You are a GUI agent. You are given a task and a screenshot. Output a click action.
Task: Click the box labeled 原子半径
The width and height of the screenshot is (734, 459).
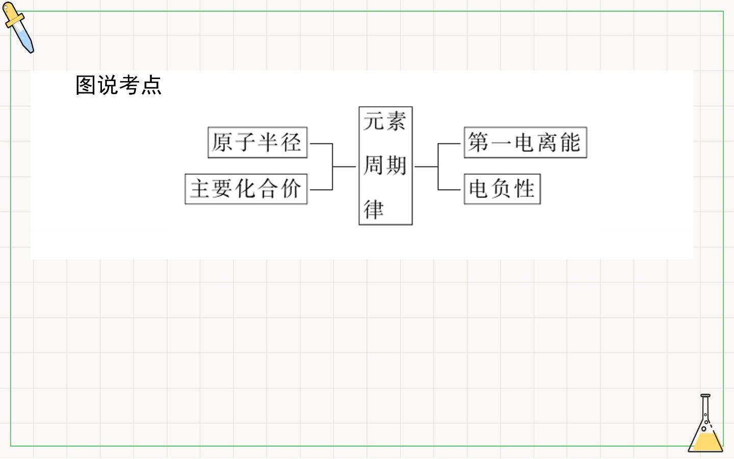pos(257,143)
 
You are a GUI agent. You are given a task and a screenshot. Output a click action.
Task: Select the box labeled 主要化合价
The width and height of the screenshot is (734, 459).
pos(246,189)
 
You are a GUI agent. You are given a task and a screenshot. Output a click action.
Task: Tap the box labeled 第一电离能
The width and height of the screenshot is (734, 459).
pos(526,143)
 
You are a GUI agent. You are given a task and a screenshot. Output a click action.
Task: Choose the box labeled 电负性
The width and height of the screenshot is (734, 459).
pos(503,189)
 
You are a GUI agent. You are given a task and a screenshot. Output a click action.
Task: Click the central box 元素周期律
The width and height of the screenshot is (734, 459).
pos(386,166)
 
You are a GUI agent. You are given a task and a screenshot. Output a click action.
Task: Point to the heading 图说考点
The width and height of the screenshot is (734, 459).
pos(119,85)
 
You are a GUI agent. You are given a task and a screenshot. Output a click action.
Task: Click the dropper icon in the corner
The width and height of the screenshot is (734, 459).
pos(18,27)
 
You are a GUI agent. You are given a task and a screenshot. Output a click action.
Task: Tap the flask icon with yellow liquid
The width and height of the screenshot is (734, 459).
pos(705,423)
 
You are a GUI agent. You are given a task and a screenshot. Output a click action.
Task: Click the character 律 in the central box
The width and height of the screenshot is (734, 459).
pos(374,209)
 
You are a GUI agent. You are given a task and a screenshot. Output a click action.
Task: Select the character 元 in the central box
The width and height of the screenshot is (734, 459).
pos(374,121)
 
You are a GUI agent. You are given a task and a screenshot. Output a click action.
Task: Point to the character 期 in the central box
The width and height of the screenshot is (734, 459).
pos(396,165)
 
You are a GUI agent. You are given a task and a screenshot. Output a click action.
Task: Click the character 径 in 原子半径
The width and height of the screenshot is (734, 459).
pos(291,142)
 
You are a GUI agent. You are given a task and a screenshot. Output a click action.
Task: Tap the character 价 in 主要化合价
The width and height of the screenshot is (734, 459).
pos(291,189)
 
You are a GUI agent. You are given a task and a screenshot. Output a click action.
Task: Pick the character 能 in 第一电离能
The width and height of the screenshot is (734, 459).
pos(570,142)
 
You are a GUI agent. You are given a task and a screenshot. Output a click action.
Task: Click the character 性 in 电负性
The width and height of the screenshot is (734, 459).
pos(525,189)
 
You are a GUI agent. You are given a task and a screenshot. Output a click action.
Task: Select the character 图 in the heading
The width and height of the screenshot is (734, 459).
pos(86,85)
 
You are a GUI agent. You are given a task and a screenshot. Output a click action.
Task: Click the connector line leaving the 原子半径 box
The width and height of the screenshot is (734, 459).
pos(321,144)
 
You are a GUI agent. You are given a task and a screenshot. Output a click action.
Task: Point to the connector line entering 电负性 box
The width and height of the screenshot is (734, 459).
pos(449,190)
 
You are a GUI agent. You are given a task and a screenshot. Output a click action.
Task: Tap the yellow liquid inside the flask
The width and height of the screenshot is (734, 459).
pos(706,442)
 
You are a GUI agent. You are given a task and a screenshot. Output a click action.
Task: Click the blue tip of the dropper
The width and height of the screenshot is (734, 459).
pos(27,41)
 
